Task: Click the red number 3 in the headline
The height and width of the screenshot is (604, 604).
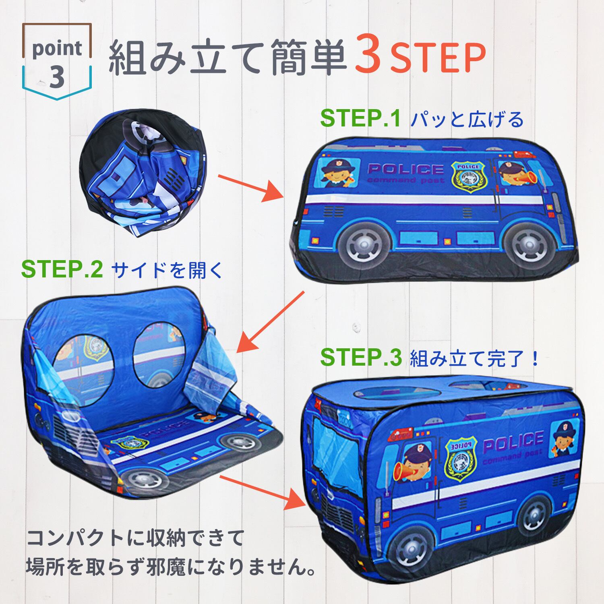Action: pos(368,58)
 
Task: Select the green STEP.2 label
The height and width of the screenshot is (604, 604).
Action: pos(62,270)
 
